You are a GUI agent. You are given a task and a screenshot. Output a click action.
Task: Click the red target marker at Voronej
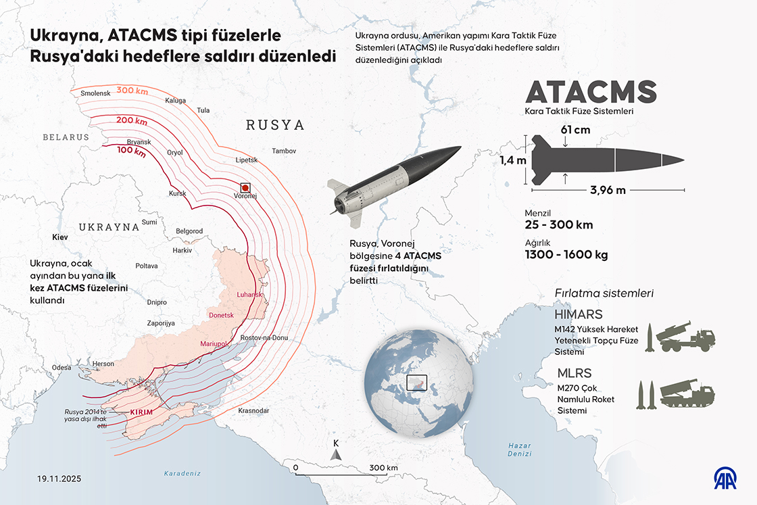click(x=245, y=187)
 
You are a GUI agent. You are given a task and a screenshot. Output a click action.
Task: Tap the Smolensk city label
click(x=95, y=93)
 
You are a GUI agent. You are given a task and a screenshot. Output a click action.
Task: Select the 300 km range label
click(x=133, y=91)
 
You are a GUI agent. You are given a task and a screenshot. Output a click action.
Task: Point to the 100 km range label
click(x=131, y=151)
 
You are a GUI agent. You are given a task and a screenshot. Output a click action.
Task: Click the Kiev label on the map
click(x=61, y=238)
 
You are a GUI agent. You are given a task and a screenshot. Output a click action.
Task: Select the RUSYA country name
click(x=275, y=125)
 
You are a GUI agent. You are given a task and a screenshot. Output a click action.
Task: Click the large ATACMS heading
click(x=591, y=92)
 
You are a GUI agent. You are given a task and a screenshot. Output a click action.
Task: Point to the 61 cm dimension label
click(x=575, y=128)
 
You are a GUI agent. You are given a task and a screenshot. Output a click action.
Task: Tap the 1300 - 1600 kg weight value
click(x=566, y=255)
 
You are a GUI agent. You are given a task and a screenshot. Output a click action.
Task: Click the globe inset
click(x=418, y=385)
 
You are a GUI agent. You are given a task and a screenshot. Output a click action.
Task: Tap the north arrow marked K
click(x=335, y=451)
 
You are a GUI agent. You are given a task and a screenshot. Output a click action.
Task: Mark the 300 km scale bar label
click(x=383, y=468)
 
